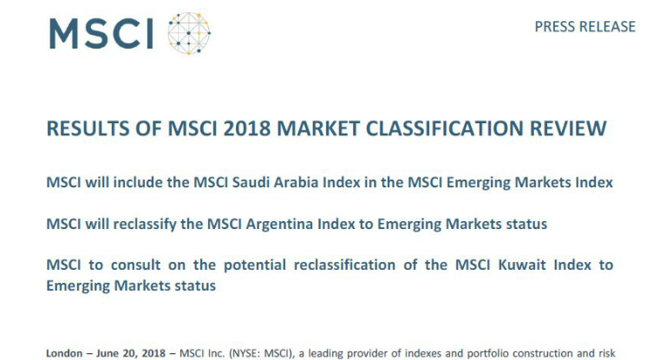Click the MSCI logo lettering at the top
[101, 34]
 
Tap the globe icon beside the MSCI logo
[189, 34]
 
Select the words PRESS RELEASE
[584, 27]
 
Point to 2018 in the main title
[247, 128]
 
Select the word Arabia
[296, 182]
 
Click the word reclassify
[145, 225]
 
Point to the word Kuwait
[522, 265]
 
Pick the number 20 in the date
[128, 353]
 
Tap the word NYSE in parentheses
[245, 353]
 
